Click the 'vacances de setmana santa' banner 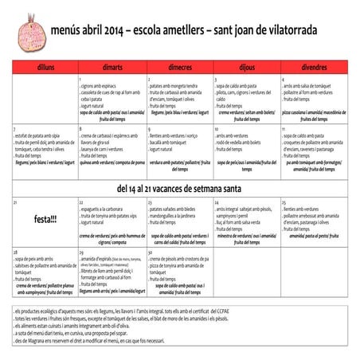pos(179,189)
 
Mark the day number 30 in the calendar pos(150,252)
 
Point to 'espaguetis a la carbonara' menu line pos(104,209)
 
